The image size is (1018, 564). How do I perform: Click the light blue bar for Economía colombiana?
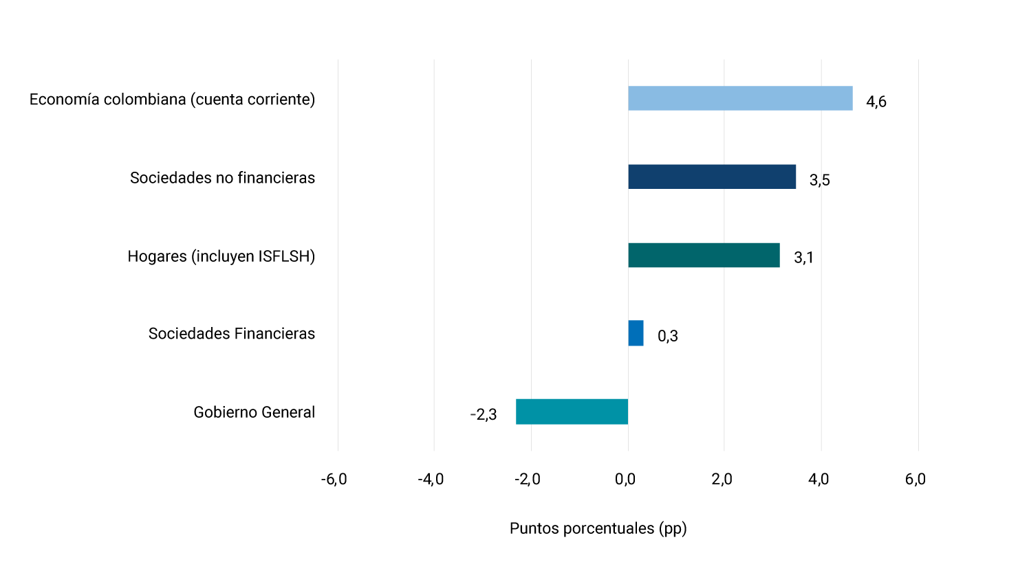[x=740, y=98]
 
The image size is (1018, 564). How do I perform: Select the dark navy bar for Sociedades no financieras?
[x=712, y=177]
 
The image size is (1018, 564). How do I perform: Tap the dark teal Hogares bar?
[x=704, y=255]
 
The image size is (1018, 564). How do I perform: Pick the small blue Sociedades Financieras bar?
[x=636, y=333]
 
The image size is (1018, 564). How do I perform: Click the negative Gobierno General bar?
[x=572, y=411]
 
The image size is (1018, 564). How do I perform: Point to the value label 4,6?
[x=876, y=102]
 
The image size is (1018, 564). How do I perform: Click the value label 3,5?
[x=819, y=180]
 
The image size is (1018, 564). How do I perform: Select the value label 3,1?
[x=803, y=258]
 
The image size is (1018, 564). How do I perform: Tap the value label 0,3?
[x=667, y=336]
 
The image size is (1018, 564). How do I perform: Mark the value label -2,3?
[x=483, y=414]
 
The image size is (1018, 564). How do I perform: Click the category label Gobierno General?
[x=254, y=412]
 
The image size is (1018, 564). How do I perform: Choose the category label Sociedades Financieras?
[x=232, y=334]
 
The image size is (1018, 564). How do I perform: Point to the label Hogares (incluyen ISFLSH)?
[x=221, y=256]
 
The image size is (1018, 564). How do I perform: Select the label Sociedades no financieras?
[x=222, y=178]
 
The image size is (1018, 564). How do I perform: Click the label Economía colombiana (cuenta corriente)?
[x=172, y=100]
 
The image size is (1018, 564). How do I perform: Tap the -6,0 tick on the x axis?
[x=334, y=480]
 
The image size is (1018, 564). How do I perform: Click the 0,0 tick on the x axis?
[x=625, y=480]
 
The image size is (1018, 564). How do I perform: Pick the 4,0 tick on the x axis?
[x=819, y=480]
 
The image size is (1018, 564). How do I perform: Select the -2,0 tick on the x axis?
[x=528, y=480]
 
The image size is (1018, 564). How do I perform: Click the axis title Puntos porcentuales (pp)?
[x=598, y=528]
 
